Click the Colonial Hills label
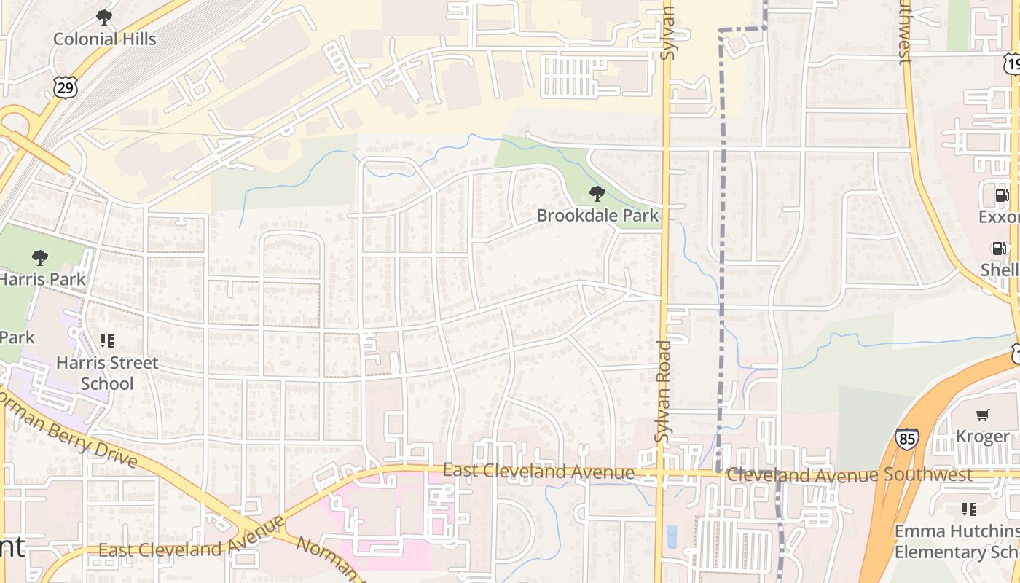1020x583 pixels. coord(104,39)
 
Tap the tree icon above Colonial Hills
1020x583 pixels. coord(104,17)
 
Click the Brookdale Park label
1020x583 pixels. coord(597,215)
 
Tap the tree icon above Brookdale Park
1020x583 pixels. coord(597,194)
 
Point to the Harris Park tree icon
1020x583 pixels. coord(40,257)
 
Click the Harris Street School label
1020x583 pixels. coord(107,373)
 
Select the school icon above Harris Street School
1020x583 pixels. coord(107,340)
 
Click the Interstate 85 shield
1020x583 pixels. coord(907,438)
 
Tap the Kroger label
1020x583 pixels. coord(983,437)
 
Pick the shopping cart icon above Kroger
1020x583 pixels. coord(983,415)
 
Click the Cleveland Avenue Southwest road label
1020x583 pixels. coord(849,474)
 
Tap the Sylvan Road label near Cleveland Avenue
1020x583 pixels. coord(662,391)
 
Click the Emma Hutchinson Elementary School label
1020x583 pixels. coord(957,541)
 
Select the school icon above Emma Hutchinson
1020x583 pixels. coord(968,509)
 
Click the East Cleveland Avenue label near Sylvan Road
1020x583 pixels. coord(538,472)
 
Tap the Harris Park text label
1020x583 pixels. coord(42,279)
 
